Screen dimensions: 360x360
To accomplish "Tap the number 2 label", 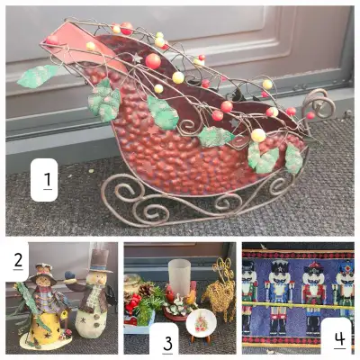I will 17,261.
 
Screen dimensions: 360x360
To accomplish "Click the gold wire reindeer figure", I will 220,292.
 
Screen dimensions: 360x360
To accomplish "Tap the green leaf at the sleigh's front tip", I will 40,76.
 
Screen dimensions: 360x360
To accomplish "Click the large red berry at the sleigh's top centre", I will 153,61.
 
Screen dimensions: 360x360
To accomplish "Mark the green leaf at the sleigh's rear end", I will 293,158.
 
